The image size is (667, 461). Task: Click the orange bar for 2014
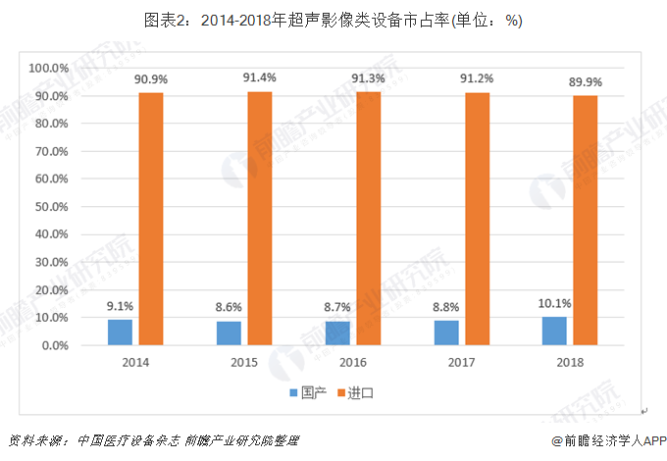pos(150,219)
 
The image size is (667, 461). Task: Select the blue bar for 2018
pos(554,332)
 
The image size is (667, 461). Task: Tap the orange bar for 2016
pos(368,219)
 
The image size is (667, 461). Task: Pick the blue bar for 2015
pos(229,333)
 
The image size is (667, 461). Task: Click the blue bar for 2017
pos(446,333)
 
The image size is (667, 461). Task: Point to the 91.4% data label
pos(260,77)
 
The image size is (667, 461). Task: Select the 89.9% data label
pos(586,81)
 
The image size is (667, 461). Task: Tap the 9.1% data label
pos(121,305)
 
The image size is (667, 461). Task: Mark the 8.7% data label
pos(337,307)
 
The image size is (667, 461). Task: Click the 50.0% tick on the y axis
pos(48,207)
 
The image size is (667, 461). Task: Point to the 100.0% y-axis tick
pos(46,68)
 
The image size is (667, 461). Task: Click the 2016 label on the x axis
pos(353,363)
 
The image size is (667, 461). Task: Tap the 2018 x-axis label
pos(570,363)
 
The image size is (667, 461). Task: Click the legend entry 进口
pos(362,392)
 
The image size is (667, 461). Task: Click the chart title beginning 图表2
pos(333,21)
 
